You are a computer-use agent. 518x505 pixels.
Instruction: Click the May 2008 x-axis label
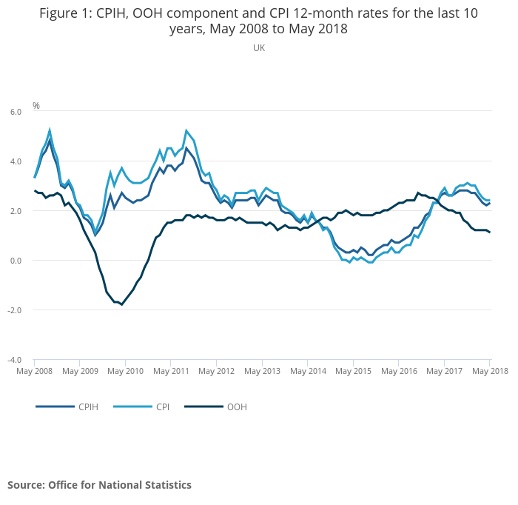35,370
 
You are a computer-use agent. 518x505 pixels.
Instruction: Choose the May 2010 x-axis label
126,370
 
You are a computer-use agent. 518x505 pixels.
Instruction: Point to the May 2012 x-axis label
216,370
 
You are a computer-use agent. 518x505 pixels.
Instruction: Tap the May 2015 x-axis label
352,370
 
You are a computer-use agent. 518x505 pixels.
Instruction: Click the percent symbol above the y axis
36,106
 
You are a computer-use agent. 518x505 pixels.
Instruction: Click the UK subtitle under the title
259,48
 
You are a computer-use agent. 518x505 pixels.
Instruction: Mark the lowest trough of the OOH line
122,304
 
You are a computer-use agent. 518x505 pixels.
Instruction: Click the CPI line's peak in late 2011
186,130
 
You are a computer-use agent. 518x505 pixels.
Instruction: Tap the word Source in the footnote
25,485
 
